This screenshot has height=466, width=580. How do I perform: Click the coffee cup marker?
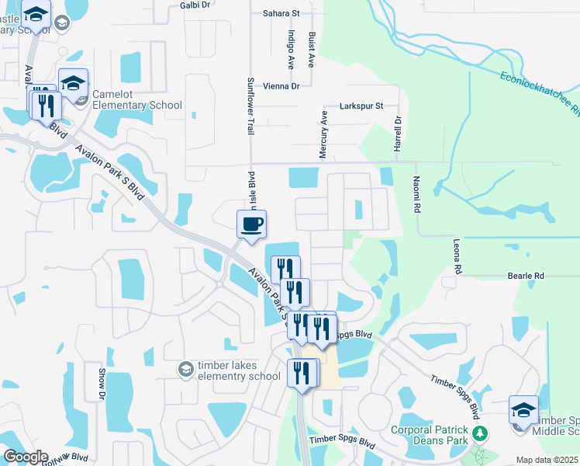(x=251, y=225)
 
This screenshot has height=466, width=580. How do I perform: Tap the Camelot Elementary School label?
(x=136, y=100)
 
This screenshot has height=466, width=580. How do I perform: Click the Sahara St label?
(x=280, y=13)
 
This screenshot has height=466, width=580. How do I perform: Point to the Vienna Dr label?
(x=281, y=86)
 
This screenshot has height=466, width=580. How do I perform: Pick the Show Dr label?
(x=102, y=384)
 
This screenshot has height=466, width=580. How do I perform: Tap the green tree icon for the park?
(x=481, y=432)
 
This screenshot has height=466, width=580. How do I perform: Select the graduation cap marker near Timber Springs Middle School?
(x=523, y=410)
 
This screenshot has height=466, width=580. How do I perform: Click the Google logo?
(x=26, y=457)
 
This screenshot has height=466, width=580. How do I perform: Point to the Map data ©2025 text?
(x=547, y=460)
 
